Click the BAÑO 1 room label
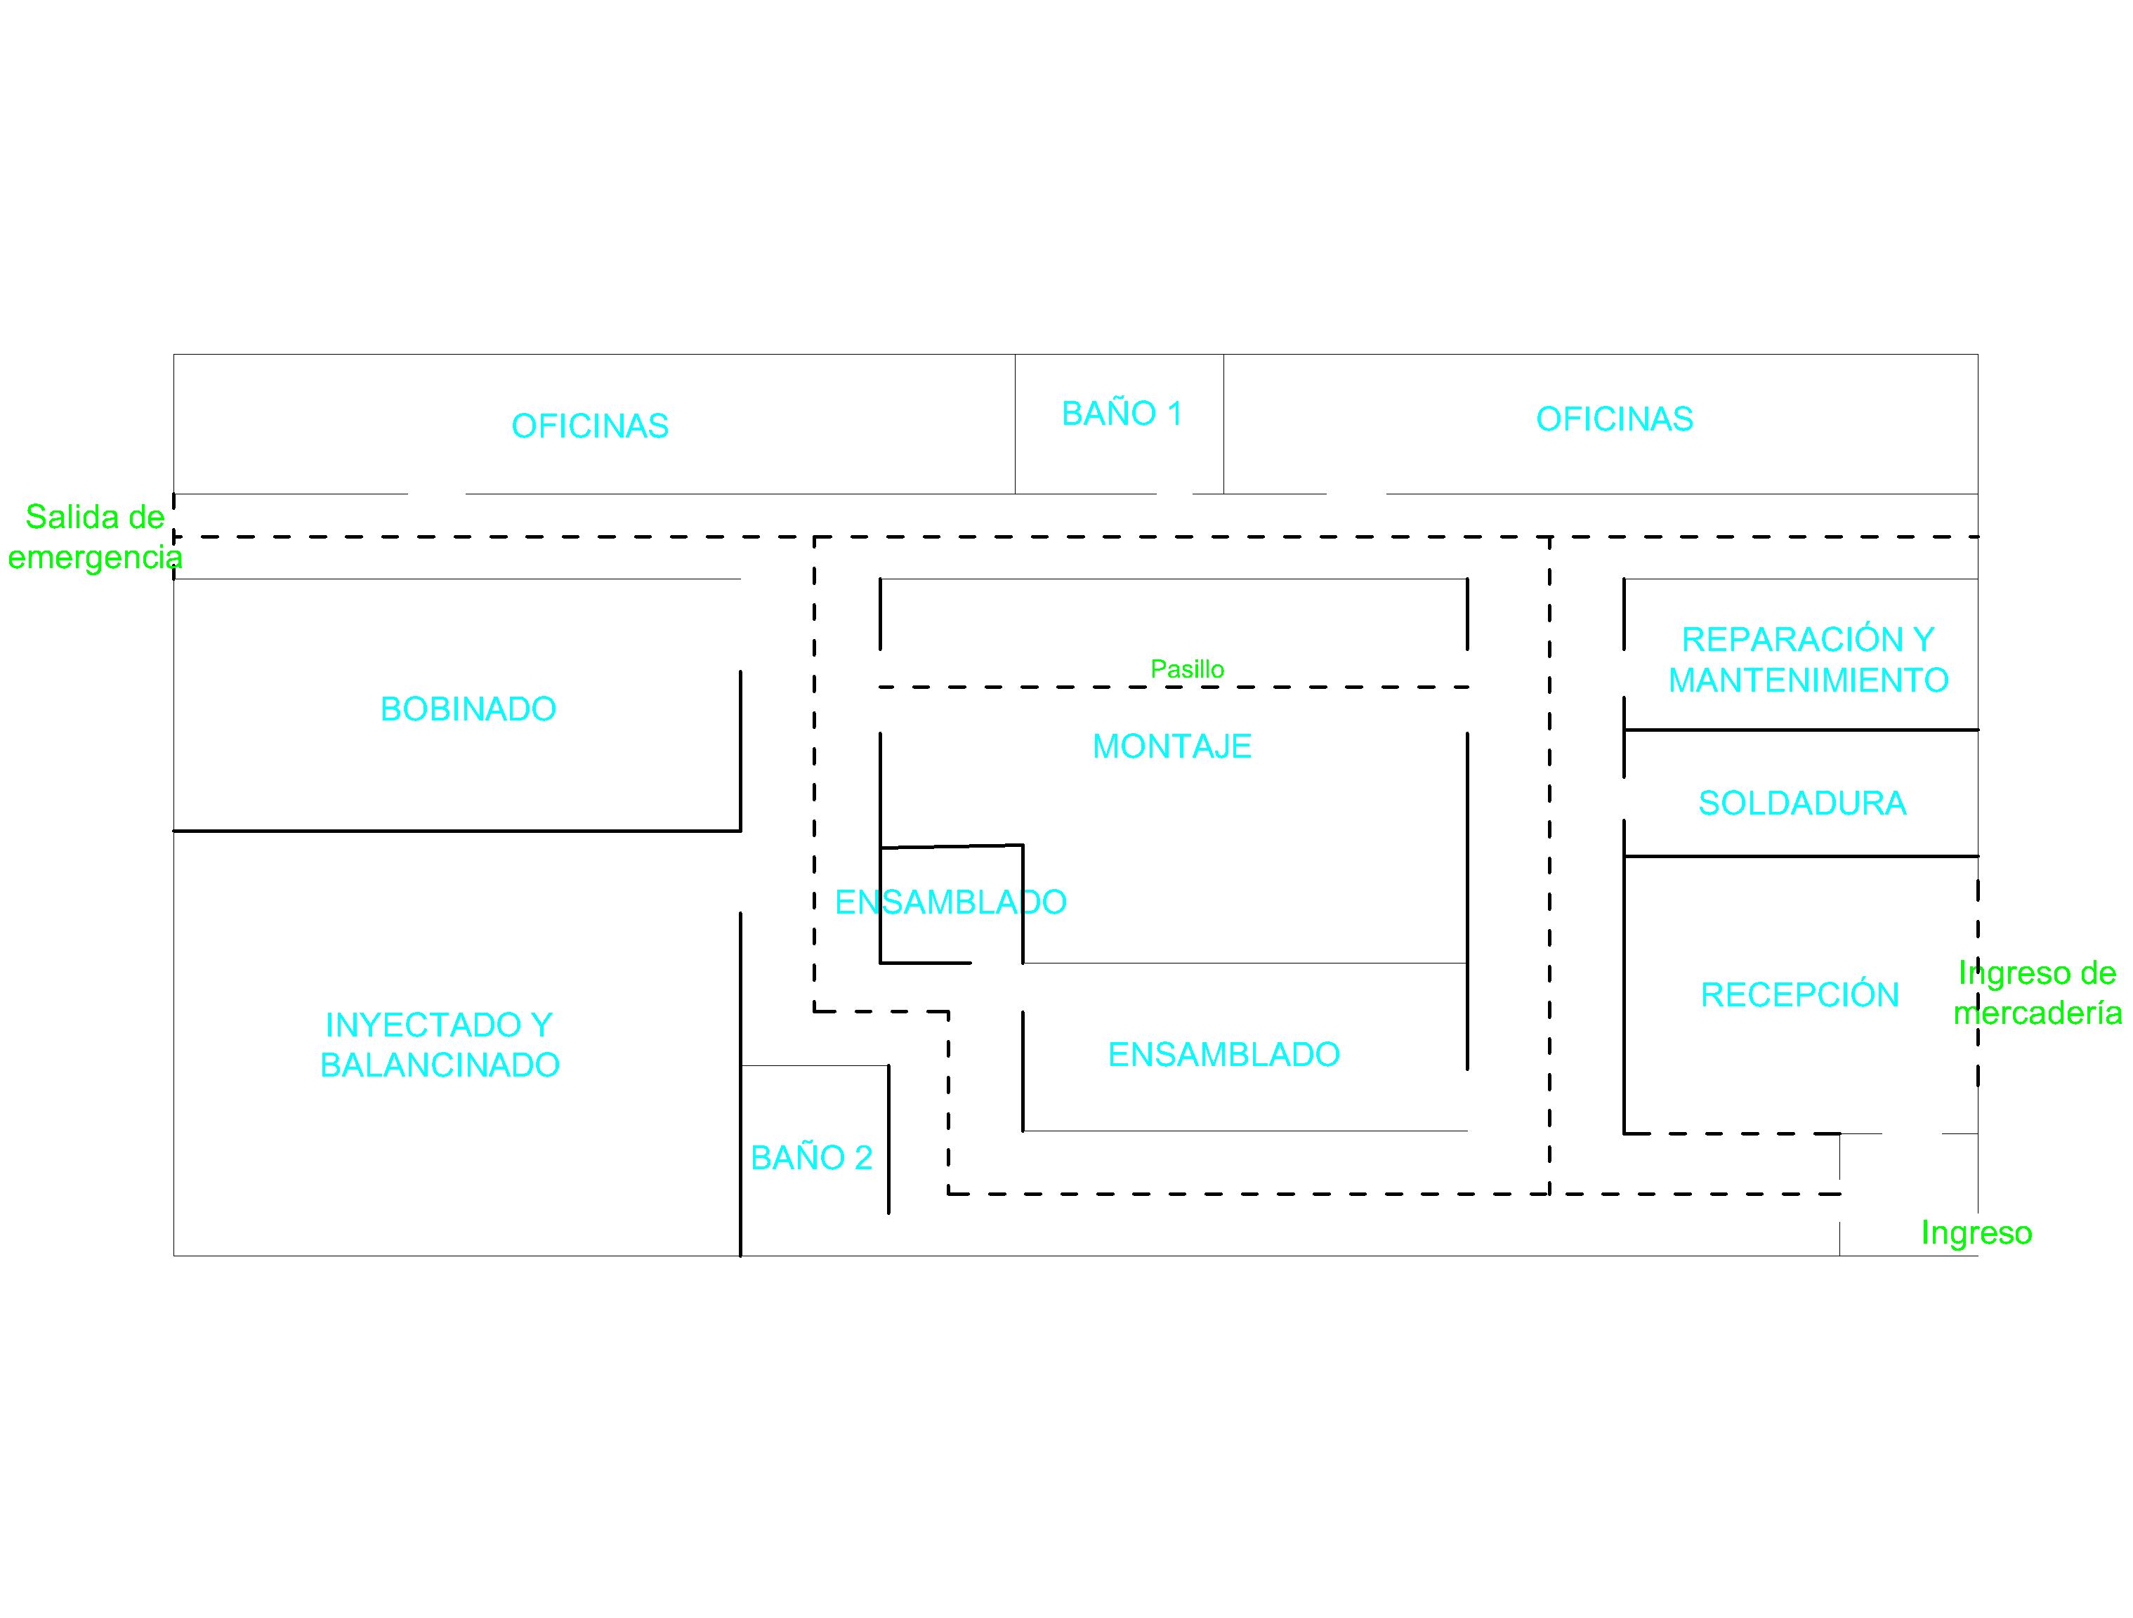[x=1122, y=413]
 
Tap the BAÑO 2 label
[x=811, y=1157]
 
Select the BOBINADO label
[x=468, y=709]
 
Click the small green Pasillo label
[x=1187, y=669]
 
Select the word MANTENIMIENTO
[x=1808, y=680]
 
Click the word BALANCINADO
[x=440, y=1065]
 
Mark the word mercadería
[x=2037, y=1013]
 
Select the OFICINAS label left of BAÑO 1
[x=589, y=426]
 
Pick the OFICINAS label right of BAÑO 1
[x=1614, y=419]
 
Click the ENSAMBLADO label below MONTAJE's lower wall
[x=1223, y=1054]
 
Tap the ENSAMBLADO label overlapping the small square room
[x=950, y=902]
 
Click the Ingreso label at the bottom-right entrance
[x=1976, y=1232]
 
